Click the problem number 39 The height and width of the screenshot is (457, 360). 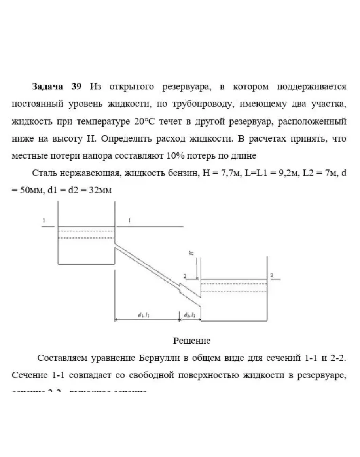coord(77,87)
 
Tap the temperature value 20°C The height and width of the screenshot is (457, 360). coord(145,121)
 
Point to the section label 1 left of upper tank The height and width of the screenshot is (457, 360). coord(44,220)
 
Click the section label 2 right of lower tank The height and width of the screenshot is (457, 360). coord(271,274)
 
